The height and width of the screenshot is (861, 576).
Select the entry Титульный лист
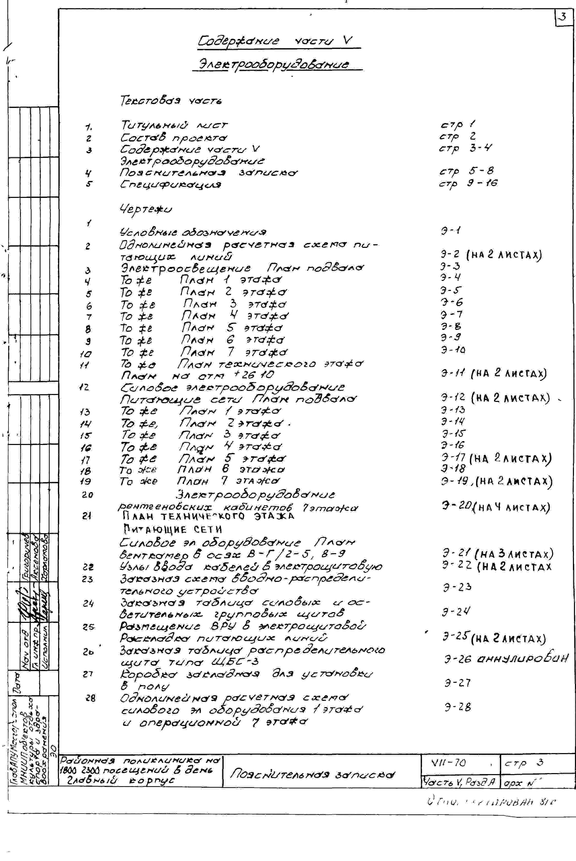[x=174, y=126]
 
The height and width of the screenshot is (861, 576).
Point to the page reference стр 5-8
[x=467, y=171]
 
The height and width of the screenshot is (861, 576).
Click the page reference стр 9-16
[x=468, y=183]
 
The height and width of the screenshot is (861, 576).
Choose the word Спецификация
[x=171, y=184]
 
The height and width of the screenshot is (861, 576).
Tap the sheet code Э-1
[x=450, y=231]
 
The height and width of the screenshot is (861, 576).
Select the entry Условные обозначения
[x=193, y=232]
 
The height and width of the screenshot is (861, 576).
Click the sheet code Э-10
[x=453, y=349]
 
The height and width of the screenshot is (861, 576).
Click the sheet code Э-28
[x=457, y=707]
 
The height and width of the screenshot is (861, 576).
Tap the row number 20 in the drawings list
[x=87, y=495]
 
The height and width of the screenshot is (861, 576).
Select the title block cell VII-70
[x=449, y=763]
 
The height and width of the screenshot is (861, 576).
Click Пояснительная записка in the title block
[x=312, y=774]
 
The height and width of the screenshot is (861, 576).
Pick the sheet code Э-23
[x=457, y=587]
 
